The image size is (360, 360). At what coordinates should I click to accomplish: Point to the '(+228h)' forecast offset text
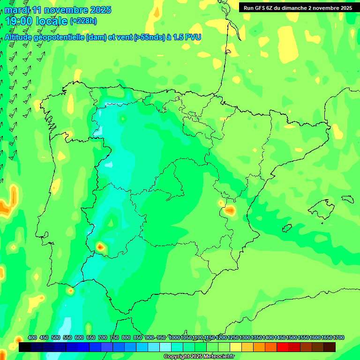pos(83,21)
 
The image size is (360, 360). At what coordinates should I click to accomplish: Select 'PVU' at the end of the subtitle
pos(192,37)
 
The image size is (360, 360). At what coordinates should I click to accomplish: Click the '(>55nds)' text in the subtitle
pos(149,37)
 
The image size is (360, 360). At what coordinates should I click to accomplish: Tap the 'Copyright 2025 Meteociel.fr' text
pos(199,357)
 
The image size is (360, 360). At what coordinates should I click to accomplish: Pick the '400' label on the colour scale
pos(32,337)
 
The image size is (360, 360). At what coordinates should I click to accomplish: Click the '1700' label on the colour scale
pos(339,337)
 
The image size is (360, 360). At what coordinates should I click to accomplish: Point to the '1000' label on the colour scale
pos(174,337)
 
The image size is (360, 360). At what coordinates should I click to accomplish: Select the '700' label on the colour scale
pos(103,337)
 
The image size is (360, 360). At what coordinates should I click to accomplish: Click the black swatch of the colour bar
pos(25,347)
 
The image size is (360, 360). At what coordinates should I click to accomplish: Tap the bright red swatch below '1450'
pos(283,347)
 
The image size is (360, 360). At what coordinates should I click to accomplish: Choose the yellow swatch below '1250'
pos(236,347)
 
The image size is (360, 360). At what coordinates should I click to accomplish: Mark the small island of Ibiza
pos(286,228)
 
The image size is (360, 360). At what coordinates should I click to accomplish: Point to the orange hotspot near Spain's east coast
pos(229,210)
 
